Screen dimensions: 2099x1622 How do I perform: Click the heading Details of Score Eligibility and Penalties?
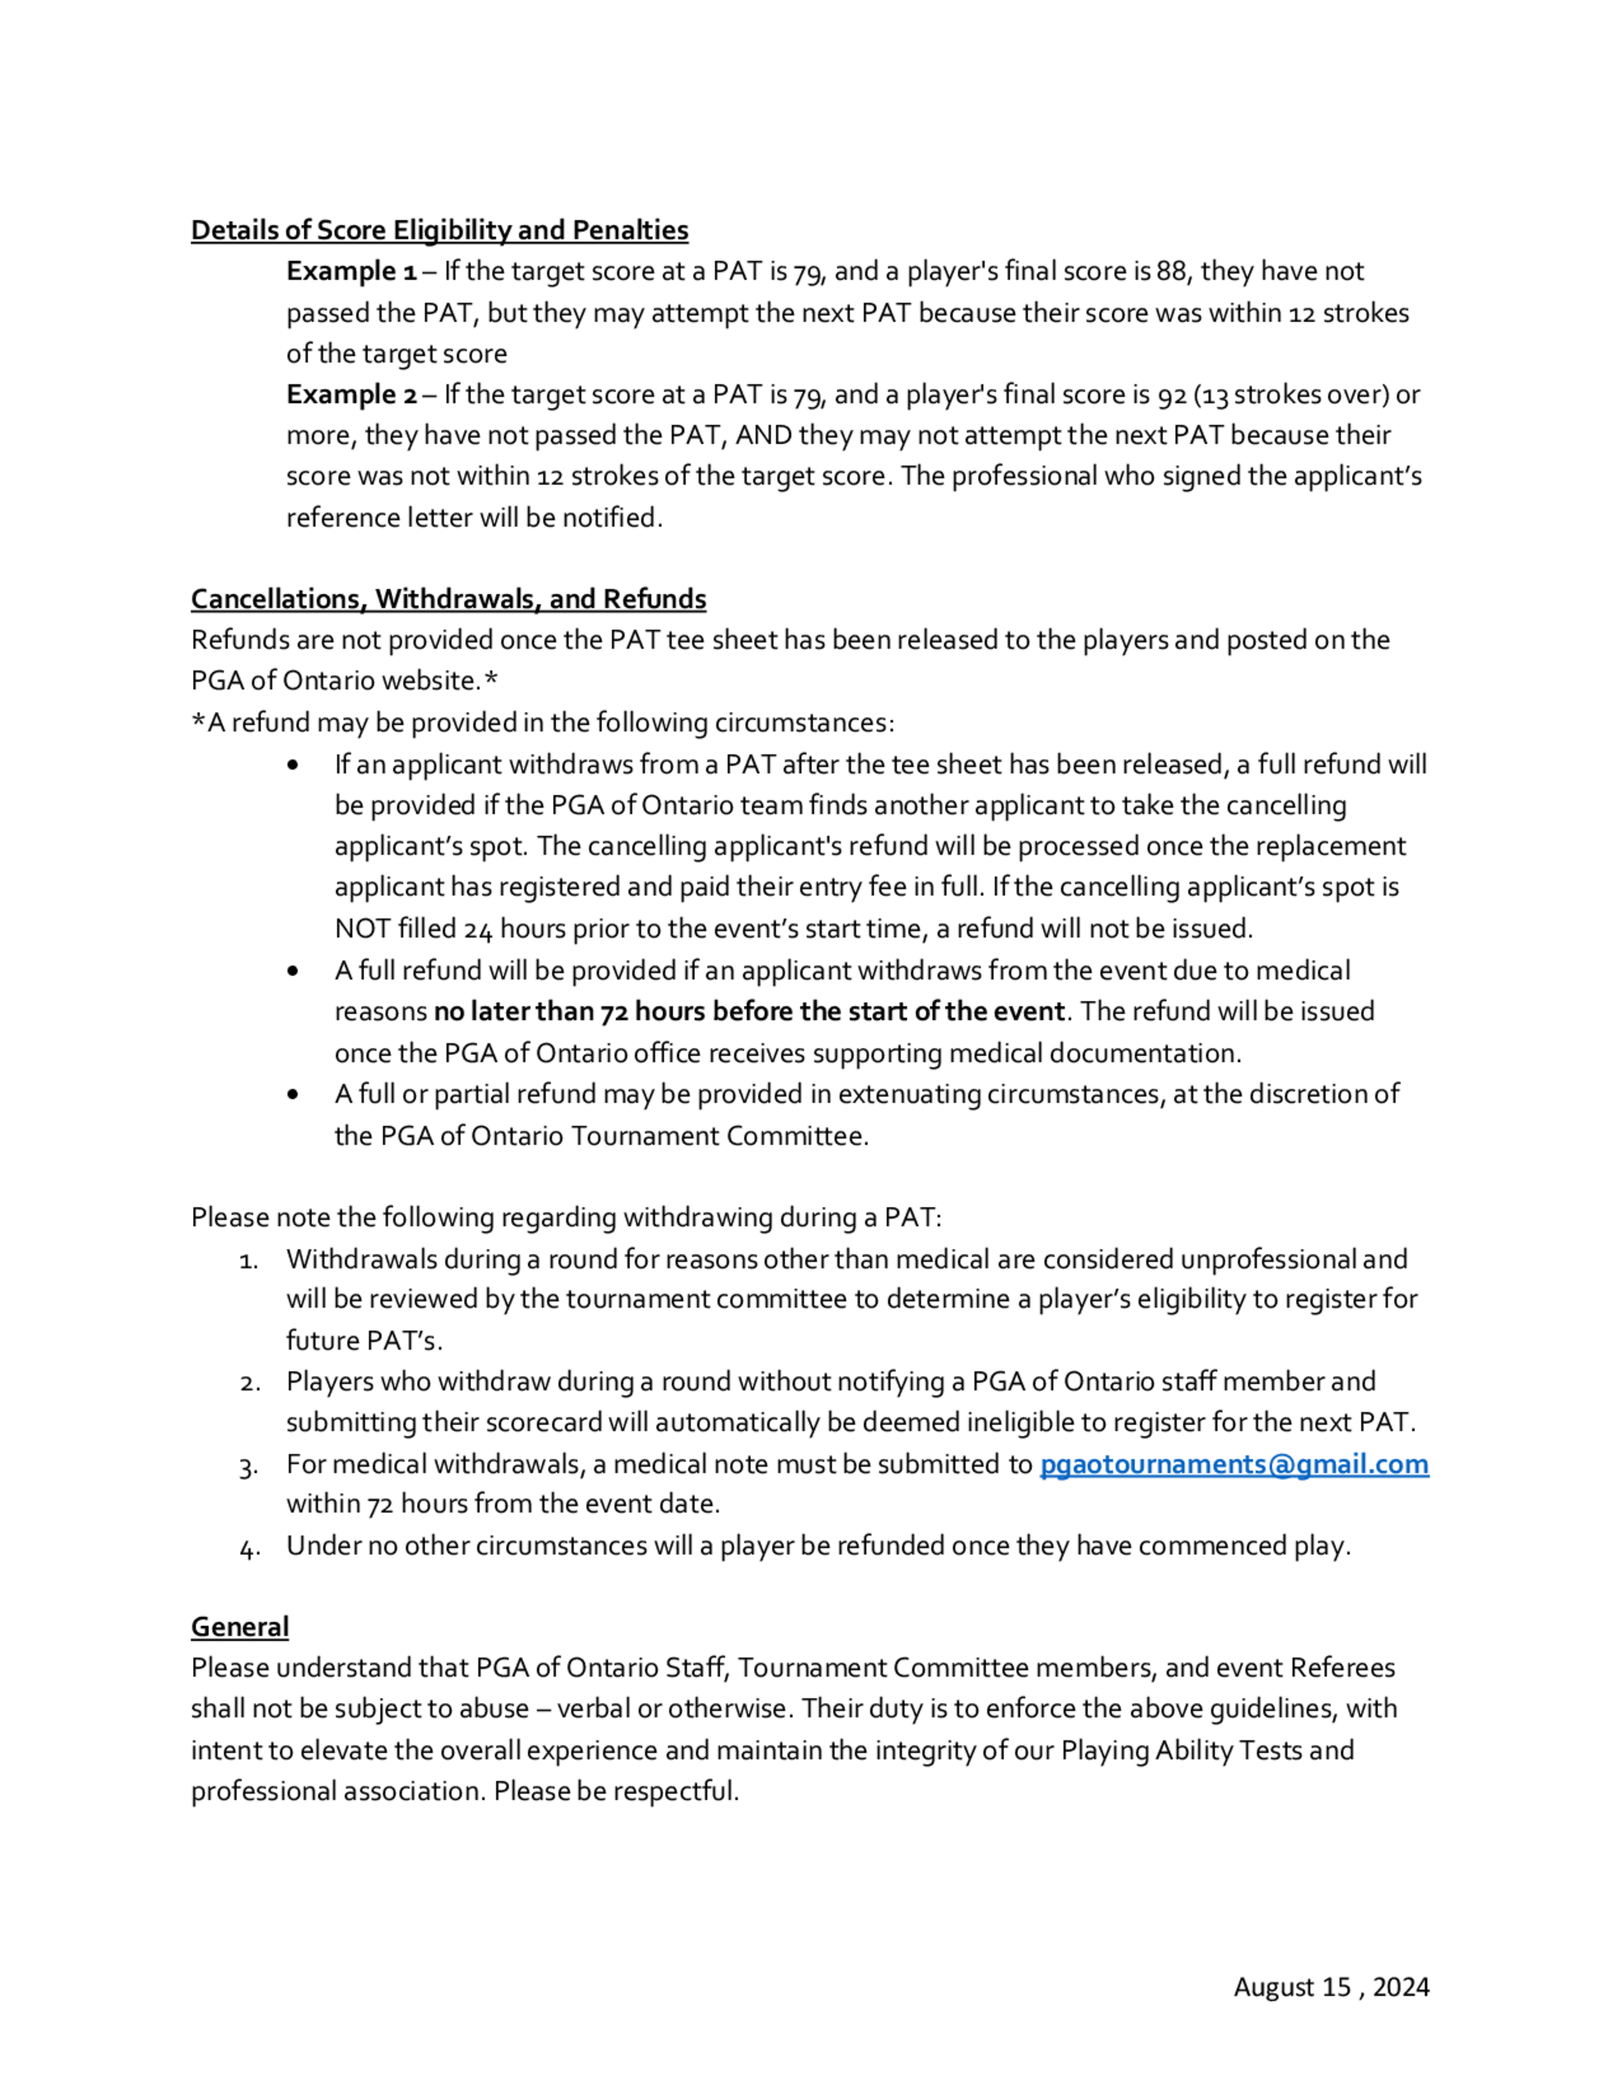(439, 230)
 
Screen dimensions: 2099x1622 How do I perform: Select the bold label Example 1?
(350, 272)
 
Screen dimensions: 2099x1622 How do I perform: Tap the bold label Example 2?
(350, 395)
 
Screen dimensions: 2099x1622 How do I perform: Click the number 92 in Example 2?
(1170, 395)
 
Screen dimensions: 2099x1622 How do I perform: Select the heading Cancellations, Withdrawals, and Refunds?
(448, 599)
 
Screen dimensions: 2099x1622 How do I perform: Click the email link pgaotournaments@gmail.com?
(1234, 1464)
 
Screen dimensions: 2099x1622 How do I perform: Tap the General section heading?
(239, 1627)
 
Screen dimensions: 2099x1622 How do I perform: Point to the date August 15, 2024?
(1331, 1986)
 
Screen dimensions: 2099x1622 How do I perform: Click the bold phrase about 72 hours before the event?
(749, 1012)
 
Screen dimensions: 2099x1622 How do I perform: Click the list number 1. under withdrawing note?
(248, 1260)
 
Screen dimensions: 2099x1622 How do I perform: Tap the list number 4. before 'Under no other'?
(249, 1547)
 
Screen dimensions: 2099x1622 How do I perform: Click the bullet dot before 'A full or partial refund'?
(292, 1095)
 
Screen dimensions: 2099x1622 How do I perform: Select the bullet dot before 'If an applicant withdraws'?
(292, 765)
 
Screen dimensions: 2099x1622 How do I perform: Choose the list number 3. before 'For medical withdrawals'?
(248, 1466)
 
